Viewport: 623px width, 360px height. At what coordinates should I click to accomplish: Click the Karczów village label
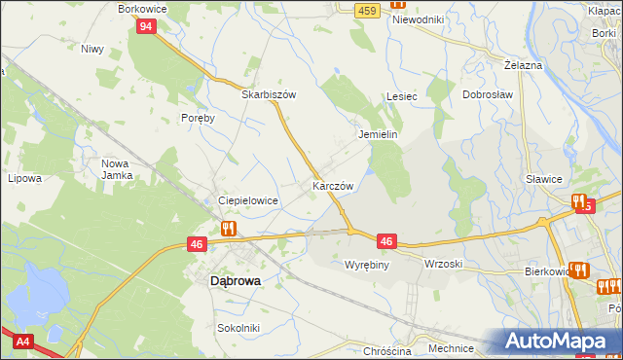pos(332,185)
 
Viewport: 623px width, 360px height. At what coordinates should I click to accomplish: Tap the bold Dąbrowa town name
pos(235,280)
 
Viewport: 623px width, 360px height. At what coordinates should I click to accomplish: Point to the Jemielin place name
pos(379,135)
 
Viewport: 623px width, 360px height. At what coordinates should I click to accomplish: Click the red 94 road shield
pos(145,26)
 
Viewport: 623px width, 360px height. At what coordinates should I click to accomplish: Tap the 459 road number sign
pos(366,10)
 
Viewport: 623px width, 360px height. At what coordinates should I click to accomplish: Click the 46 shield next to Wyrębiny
pos(386,241)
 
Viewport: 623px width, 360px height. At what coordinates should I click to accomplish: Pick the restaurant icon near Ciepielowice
pos(228,229)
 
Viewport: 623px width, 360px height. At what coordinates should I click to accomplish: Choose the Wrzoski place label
pos(443,265)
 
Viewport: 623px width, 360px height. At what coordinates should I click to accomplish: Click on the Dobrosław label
pos(487,95)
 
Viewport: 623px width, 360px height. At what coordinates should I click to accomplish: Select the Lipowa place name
pos(24,179)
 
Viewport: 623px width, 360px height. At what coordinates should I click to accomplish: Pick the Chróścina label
pos(386,351)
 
